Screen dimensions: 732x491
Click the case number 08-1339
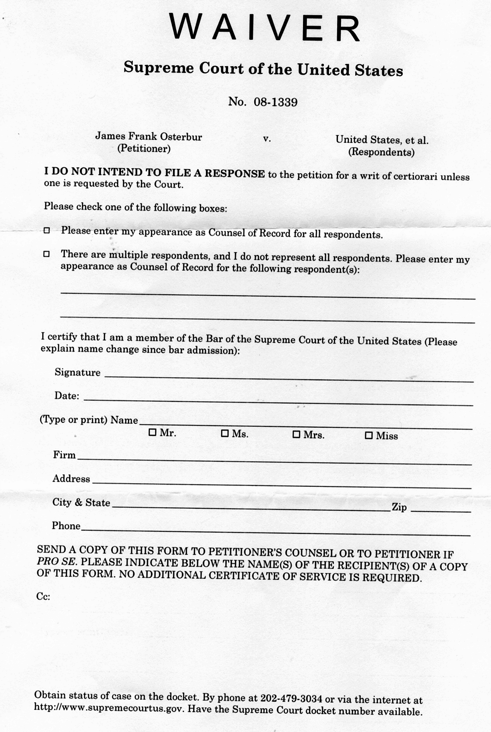pyautogui.click(x=276, y=102)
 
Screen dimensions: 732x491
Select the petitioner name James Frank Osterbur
pyautogui.click(x=149, y=137)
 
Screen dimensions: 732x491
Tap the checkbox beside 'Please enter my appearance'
pyautogui.click(x=46, y=230)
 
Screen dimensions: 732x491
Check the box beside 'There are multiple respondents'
pyautogui.click(x=46, y=254)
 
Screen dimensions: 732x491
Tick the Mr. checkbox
pyautogui.click(x=152, y=432)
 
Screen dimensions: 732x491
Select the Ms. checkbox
pyautogui.click(x=225, y=433)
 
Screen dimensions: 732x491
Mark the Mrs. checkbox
pyautogui.click(x=296, y=434)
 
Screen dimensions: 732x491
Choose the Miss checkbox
pyautogui.click(x=369, y=435)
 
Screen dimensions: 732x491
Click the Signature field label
pyautogui.click(x=78, y=372)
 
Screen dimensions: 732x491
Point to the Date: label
pyautogui.click(x=67, y=396)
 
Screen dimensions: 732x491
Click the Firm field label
pyautogui.click(x=64, y=455)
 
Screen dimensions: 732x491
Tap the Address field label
pyautogui.click(x=71, y=479)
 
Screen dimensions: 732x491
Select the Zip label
pyautogui.click(x=399, y=507)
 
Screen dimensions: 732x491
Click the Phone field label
pyautogui.click(x=66, y=526)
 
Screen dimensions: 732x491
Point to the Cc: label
pyautogui.click(x=43, y=597)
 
